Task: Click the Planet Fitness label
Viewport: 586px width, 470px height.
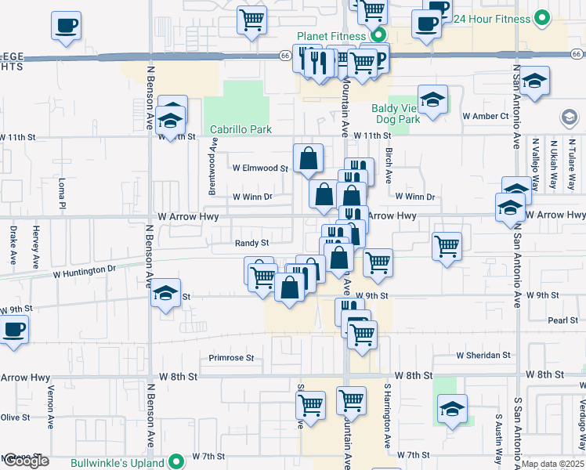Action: tap(331, 36)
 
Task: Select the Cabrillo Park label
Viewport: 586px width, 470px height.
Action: tap(239, 130)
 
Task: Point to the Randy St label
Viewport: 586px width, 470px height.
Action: tap(252, 243)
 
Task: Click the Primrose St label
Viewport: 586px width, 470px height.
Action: tap(232, 358)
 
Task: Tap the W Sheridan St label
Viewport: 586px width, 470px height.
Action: tap(483, 355)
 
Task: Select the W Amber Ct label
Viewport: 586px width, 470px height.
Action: tap(486, 116)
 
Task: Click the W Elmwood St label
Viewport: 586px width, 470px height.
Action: tap(260, 168)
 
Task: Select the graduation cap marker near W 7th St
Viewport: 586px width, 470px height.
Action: tap(452, 409)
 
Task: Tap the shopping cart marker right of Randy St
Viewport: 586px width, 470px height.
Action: tap(447, 245)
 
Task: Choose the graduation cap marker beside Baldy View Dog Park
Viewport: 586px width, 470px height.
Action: tap(432, 99)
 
